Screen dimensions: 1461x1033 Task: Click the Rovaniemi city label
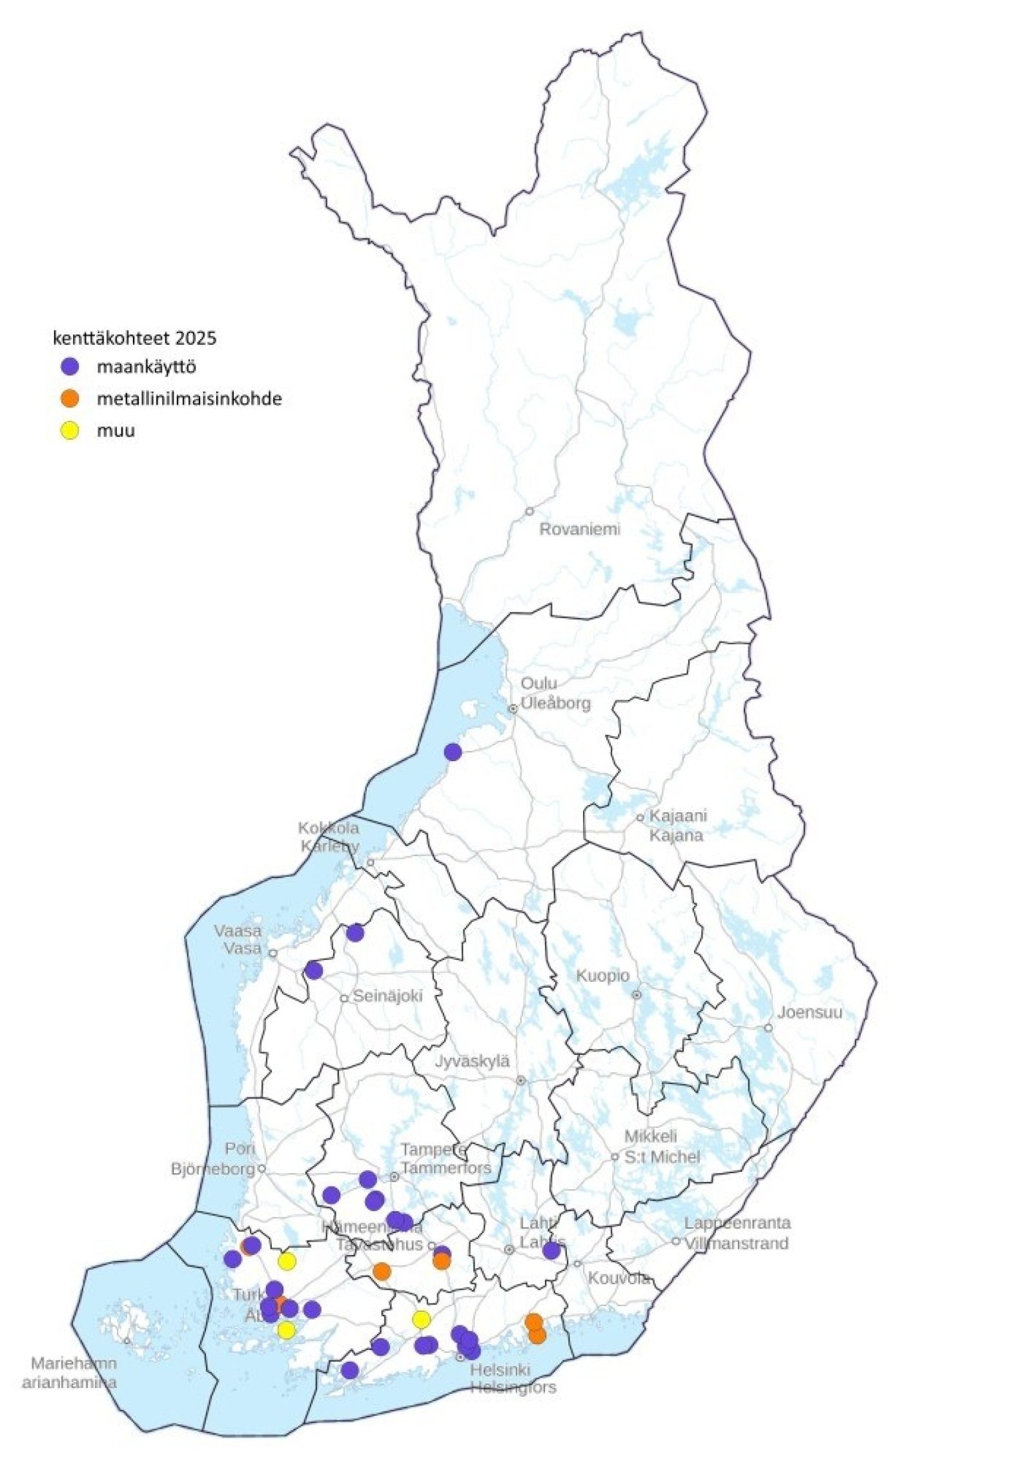pyautogui.click(x=579, y=529)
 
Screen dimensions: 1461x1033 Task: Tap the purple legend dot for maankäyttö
pyautogui.click(x=69, y=367)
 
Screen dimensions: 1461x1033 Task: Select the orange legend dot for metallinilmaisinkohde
pyautogui.click(x=69, y=398)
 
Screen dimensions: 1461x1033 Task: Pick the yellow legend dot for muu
pyautogui.click(x=69, y=430)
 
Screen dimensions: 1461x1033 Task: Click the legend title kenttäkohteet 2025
pyautogui.click(x=134, y=338)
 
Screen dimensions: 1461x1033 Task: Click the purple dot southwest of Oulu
pyautogui.click(x=453, y=751)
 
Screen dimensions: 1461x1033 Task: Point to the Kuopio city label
pyautogui.click(x=602, y=976)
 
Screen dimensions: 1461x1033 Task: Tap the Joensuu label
pyautogui.click(x=809, y=1012)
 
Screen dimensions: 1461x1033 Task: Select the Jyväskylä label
pyautogui.click(x=473, y=1061)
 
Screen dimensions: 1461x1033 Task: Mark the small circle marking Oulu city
pyautogui.click(x=513, y=708)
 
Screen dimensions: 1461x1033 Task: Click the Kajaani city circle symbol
pyautogui.click(x=640, y=817)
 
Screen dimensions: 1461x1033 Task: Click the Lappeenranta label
pyautogui.click(x=737, y=1223)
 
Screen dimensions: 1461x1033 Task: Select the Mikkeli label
pyautogui.click(x=650, y=1136)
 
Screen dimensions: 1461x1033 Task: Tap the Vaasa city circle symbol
pyautogui.click(x=272, y=952)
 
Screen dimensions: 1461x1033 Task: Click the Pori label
pyautogui.click(x=240, y=1149)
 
